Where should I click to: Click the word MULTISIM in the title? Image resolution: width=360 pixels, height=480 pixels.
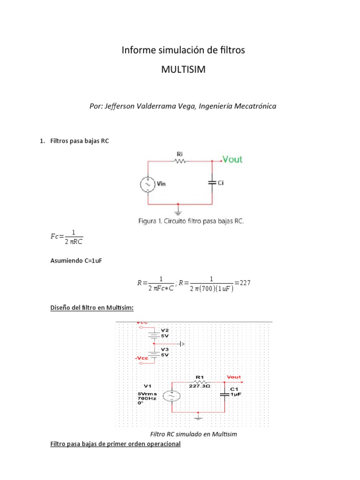coord(183,70)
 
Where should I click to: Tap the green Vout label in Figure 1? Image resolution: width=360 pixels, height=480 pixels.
coord(232,159)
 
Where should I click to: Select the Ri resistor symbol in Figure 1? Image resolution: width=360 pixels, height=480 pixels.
coord(180,161)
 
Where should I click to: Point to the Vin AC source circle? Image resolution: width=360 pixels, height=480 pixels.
coord(148,185)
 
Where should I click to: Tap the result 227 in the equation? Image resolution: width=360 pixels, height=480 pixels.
coord(246,283)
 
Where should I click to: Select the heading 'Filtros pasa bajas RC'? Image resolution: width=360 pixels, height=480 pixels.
coord(79,141)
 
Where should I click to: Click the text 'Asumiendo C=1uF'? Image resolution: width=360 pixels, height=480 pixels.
coord(76,261)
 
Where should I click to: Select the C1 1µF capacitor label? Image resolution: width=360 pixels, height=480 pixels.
coord(235,392)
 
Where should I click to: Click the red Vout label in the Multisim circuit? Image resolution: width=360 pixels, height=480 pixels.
coord(233,376)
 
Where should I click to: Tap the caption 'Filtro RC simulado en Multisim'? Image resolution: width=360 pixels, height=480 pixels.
coord(193,434)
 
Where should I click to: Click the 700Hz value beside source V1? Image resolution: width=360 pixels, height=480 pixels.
coord(146,398)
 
